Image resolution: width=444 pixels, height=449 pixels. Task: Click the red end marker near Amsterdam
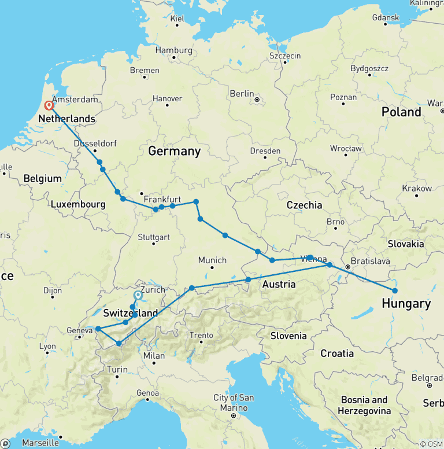pos(49,106)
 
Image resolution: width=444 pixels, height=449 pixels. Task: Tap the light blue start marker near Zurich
pos(138,296)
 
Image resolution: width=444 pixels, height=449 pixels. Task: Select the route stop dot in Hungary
pos(395,290)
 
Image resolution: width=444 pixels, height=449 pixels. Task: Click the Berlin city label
pos(242,94)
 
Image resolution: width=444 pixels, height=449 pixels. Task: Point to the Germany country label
pos(174,152)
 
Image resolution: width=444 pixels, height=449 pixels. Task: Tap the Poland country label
pos(401,112)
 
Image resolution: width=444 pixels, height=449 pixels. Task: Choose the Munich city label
pos(212,260)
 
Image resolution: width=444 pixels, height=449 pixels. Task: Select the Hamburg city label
pos(173,50)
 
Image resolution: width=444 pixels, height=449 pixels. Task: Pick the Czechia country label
pos(304,205)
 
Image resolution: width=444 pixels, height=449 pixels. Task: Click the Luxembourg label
pos(78,204)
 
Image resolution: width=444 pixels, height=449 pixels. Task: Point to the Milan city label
pos(154,356)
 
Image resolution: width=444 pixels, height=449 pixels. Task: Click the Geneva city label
pos(80,330)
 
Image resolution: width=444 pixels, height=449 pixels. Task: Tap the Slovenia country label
pos(288,336)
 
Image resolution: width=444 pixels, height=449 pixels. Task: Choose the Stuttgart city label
pos(153,237)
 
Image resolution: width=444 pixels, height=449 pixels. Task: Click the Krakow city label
pos(417,189)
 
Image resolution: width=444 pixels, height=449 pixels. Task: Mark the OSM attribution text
pos(431,444)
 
